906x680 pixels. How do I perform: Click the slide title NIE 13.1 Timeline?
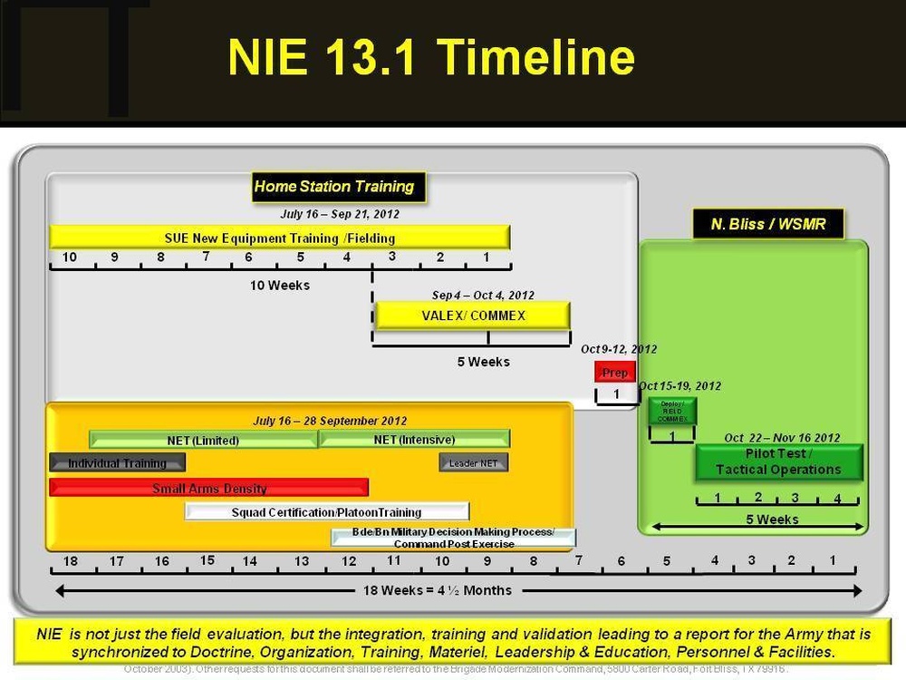[x=430, y=57]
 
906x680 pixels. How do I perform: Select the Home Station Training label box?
[x=334, y=187]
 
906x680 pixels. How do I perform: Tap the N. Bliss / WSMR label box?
[x=768, y=224]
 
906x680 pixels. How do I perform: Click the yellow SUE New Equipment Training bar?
[x=279, y=238]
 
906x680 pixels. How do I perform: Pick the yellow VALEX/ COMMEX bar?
[x=473, y=316]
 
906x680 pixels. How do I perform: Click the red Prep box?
[x=615, y=373]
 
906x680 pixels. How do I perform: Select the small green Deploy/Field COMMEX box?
[x=671, y=412]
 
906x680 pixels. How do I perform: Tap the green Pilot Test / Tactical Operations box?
[x=779, y=462]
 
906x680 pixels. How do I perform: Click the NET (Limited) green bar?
[x=203, y=441]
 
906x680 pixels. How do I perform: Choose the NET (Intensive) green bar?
[x=414, y=440]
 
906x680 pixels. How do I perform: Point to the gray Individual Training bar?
[x=117, y=463]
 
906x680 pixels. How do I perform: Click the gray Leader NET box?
[x=474, y=463]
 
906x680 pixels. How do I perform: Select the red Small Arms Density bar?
[x=209, y=488]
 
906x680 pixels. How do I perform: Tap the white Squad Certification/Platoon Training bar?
[x=327, y=511]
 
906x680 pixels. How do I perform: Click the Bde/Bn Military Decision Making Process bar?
[x=453, y=538]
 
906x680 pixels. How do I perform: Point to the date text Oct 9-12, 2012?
[x=619, y=349]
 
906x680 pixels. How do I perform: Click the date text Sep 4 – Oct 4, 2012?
[x=483, y=296]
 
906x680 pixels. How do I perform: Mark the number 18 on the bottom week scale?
[x=70, y=561]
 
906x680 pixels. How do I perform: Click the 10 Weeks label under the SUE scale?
[x=280, y=286]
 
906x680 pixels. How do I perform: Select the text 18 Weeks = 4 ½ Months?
[x=438, y=590]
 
